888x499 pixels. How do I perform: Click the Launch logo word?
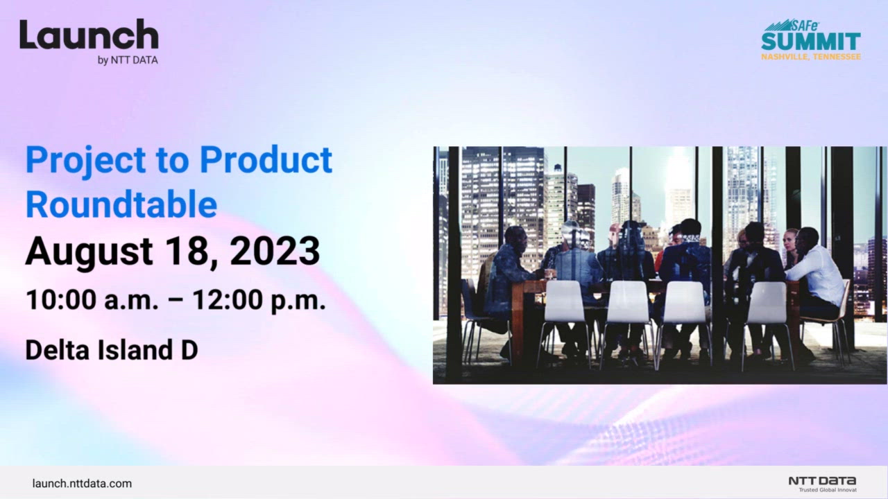pyautogui.click(x=89, y=35)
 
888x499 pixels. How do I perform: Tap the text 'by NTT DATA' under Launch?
pyautogui.click(x=128, y=60)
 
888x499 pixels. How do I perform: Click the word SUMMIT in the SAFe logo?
pyautogui.click(x=811, y=41)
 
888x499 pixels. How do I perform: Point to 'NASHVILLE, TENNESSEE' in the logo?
pyautogui.click(x=811, y=56)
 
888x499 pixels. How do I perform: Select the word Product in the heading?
pyautogui.click(x=266, y=160)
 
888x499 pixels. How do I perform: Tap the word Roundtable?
pyautogui.click(x=121, y=204)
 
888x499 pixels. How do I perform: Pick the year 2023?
pyautogui.click(x=275, y=252)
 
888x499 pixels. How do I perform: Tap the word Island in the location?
pyautogui.click(x=132, y=350)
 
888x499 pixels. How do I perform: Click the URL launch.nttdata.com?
pyautogui.click(x=82, y=484)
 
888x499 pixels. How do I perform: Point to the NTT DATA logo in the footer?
pyautogui.click(x=822, y=480)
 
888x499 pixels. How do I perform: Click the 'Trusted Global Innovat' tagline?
pyautogui.click(x=827, y=490)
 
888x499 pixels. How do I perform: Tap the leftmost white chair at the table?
pyautogui.click(x=563, y=305)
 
